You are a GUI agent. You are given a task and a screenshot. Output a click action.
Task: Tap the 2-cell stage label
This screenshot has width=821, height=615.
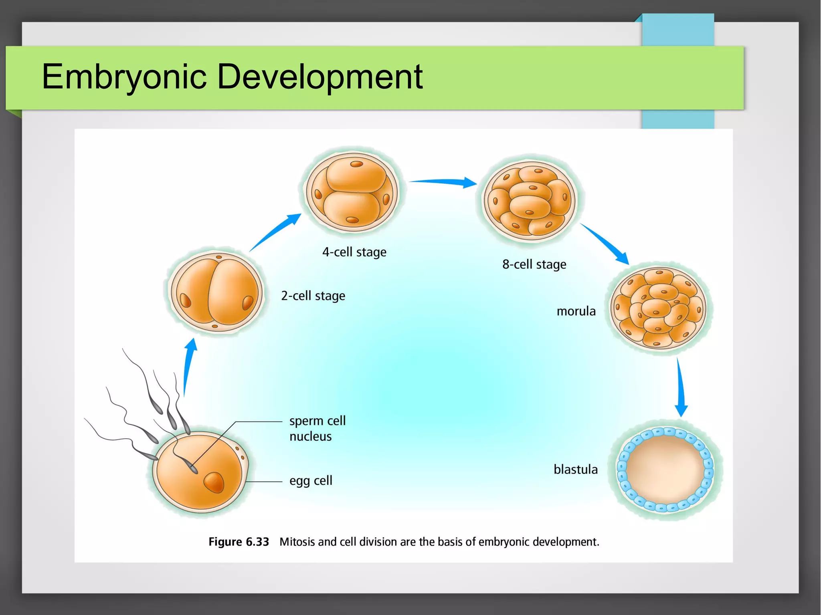313,296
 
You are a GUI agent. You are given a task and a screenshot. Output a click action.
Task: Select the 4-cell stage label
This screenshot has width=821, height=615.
354,252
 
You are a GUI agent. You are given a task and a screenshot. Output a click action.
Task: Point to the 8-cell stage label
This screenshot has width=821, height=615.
534,264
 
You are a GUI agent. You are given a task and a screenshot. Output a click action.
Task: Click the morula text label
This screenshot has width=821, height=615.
576,311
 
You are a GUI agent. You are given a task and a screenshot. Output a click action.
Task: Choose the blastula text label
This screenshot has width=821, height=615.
575,469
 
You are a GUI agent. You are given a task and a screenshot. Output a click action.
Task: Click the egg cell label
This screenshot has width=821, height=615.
311,480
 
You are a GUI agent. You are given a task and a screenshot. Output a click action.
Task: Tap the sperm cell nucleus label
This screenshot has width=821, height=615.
317,428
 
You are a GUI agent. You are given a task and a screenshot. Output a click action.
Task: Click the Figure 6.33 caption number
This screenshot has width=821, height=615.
239,542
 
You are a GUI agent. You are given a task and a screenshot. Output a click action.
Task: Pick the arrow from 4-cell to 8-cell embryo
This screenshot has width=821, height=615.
443,182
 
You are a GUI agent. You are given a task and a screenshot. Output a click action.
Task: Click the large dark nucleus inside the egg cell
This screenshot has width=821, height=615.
214,482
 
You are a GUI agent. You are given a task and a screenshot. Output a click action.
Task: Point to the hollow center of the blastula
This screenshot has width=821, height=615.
665,469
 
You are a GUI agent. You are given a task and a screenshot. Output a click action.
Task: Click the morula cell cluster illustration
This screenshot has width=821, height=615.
658,308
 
